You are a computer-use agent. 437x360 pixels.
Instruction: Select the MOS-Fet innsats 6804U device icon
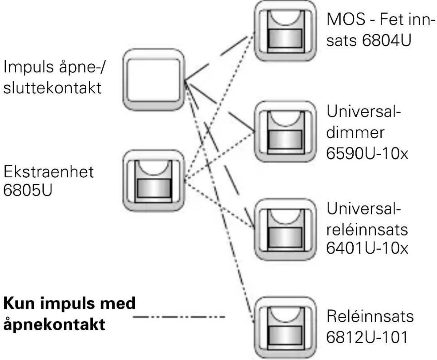pos(285,31)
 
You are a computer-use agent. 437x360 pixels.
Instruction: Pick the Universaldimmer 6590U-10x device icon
pos(285,132)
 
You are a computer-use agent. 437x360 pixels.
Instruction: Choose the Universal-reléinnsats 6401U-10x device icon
pos(285,230)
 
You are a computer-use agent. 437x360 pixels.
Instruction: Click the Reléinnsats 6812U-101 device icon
pos(285,328)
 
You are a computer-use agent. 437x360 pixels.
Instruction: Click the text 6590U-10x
pos(367,154)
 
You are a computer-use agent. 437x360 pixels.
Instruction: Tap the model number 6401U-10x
pos(367,248)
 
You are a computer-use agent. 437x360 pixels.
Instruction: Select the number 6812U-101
pos(367,337)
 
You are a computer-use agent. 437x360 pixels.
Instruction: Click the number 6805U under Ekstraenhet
pos(28,190)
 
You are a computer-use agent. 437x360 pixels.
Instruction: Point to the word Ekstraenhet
pos(49,172)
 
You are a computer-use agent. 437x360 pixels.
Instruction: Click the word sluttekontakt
pos(52,87)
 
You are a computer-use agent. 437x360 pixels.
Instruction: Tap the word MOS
pos(346,19)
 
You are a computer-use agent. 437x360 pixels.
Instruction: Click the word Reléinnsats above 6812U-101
pos(370,316)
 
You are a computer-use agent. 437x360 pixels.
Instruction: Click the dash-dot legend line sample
pos(179,317)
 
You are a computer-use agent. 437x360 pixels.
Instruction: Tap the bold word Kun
pos(19,303)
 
